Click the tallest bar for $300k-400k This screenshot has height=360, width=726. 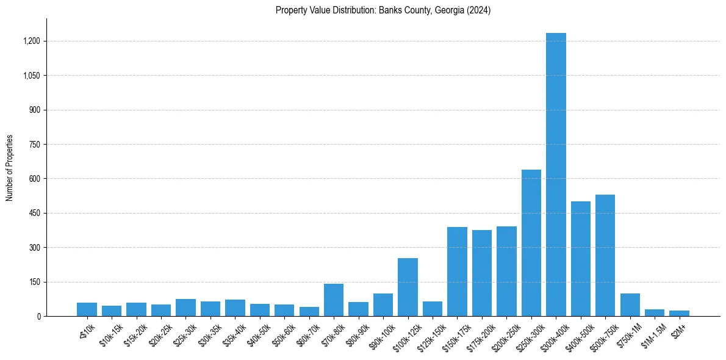(556, 175)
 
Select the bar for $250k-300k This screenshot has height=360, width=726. (531, 243)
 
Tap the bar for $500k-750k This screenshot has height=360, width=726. (605, 256)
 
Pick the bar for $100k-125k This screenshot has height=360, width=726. (408, 287)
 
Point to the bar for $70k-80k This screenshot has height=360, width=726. (334, 300)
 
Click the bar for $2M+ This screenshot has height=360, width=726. (679, 313)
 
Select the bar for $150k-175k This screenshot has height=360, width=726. (457, 272)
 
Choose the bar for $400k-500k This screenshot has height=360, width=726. (580, 259)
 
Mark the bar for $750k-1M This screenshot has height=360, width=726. (630, 305)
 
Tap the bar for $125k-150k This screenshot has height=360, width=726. (432, 309)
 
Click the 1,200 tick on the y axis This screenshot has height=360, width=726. (32, 41)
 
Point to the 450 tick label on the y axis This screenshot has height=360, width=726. (35, 213)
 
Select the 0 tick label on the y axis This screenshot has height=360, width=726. (38, 316)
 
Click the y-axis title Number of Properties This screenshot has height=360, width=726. (10, 168)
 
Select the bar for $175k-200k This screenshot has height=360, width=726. (481, 273)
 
